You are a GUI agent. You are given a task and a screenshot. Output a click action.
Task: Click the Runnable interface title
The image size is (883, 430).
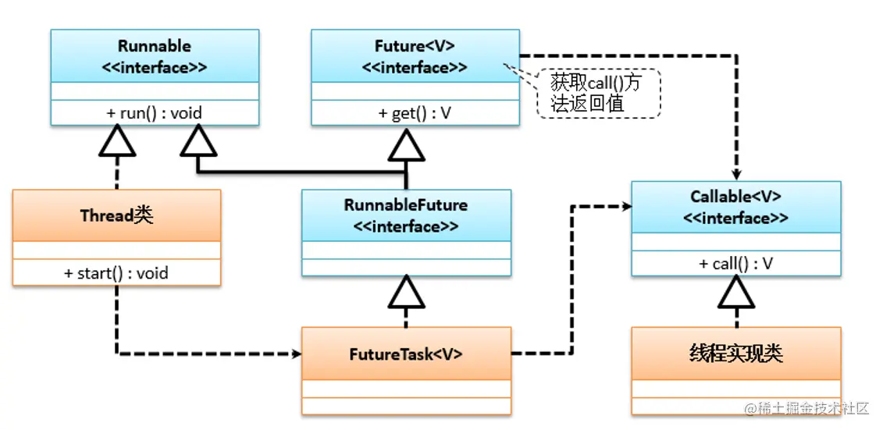pos(155,57)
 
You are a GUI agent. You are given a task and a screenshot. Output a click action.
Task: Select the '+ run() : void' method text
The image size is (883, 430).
pos(155,113)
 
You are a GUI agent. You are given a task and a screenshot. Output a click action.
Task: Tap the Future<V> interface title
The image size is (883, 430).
pos(415,57)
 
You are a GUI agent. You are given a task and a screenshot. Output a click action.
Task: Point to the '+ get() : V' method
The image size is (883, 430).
pos(415,113)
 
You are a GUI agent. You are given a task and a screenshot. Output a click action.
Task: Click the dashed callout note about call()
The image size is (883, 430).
pos(598,94)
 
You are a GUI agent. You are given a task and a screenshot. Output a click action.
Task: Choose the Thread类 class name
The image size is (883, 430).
pos(116,215)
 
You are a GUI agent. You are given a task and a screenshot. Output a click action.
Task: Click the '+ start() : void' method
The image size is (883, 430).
pos(116,273)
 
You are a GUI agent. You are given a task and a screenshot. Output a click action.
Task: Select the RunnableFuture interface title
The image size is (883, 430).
pos(406,215)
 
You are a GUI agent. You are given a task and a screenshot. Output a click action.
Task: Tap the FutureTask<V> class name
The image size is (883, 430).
pos(406,354)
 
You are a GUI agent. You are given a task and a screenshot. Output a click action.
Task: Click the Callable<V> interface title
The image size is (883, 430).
pos(735,207)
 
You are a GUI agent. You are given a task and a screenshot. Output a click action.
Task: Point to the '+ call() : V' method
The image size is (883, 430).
pos(735,264)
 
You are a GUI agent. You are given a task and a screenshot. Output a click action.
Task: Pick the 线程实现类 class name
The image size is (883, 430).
pos(735,354)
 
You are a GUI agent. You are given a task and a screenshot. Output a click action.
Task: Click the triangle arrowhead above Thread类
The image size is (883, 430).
pos(116,140)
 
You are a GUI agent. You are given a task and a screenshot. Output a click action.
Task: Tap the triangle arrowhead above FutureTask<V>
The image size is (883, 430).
pos(406,292)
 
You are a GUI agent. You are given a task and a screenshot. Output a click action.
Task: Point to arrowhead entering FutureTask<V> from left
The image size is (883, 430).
pos(297,354)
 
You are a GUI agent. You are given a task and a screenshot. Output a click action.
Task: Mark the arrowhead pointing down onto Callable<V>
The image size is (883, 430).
pos(735,176)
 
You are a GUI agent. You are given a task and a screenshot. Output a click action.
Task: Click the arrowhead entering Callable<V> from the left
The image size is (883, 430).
pos(625,207)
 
